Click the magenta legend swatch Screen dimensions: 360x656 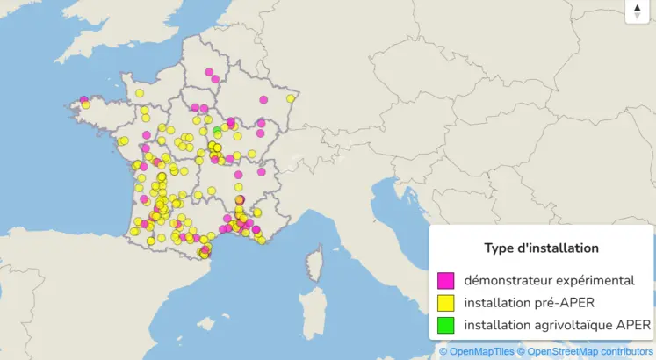(x=446, y=281)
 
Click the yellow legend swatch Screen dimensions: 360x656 (x=446, y=303)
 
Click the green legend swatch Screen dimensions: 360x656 (x=446, y=325)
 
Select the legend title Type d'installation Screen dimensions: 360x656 (x=541, y=248)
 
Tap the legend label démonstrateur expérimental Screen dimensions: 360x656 (x=550, y=281)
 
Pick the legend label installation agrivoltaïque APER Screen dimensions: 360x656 (x=558, y=325)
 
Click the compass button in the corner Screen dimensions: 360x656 (x=638, y=11)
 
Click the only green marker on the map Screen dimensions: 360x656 (x=217, y=131)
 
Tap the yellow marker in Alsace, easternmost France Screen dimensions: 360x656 (x=291, y=98)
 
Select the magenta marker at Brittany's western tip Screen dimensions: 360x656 (x=83, y=100)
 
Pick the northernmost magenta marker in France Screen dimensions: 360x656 (x=209, y=72)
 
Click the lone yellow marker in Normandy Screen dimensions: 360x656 (x=140, y=93)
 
